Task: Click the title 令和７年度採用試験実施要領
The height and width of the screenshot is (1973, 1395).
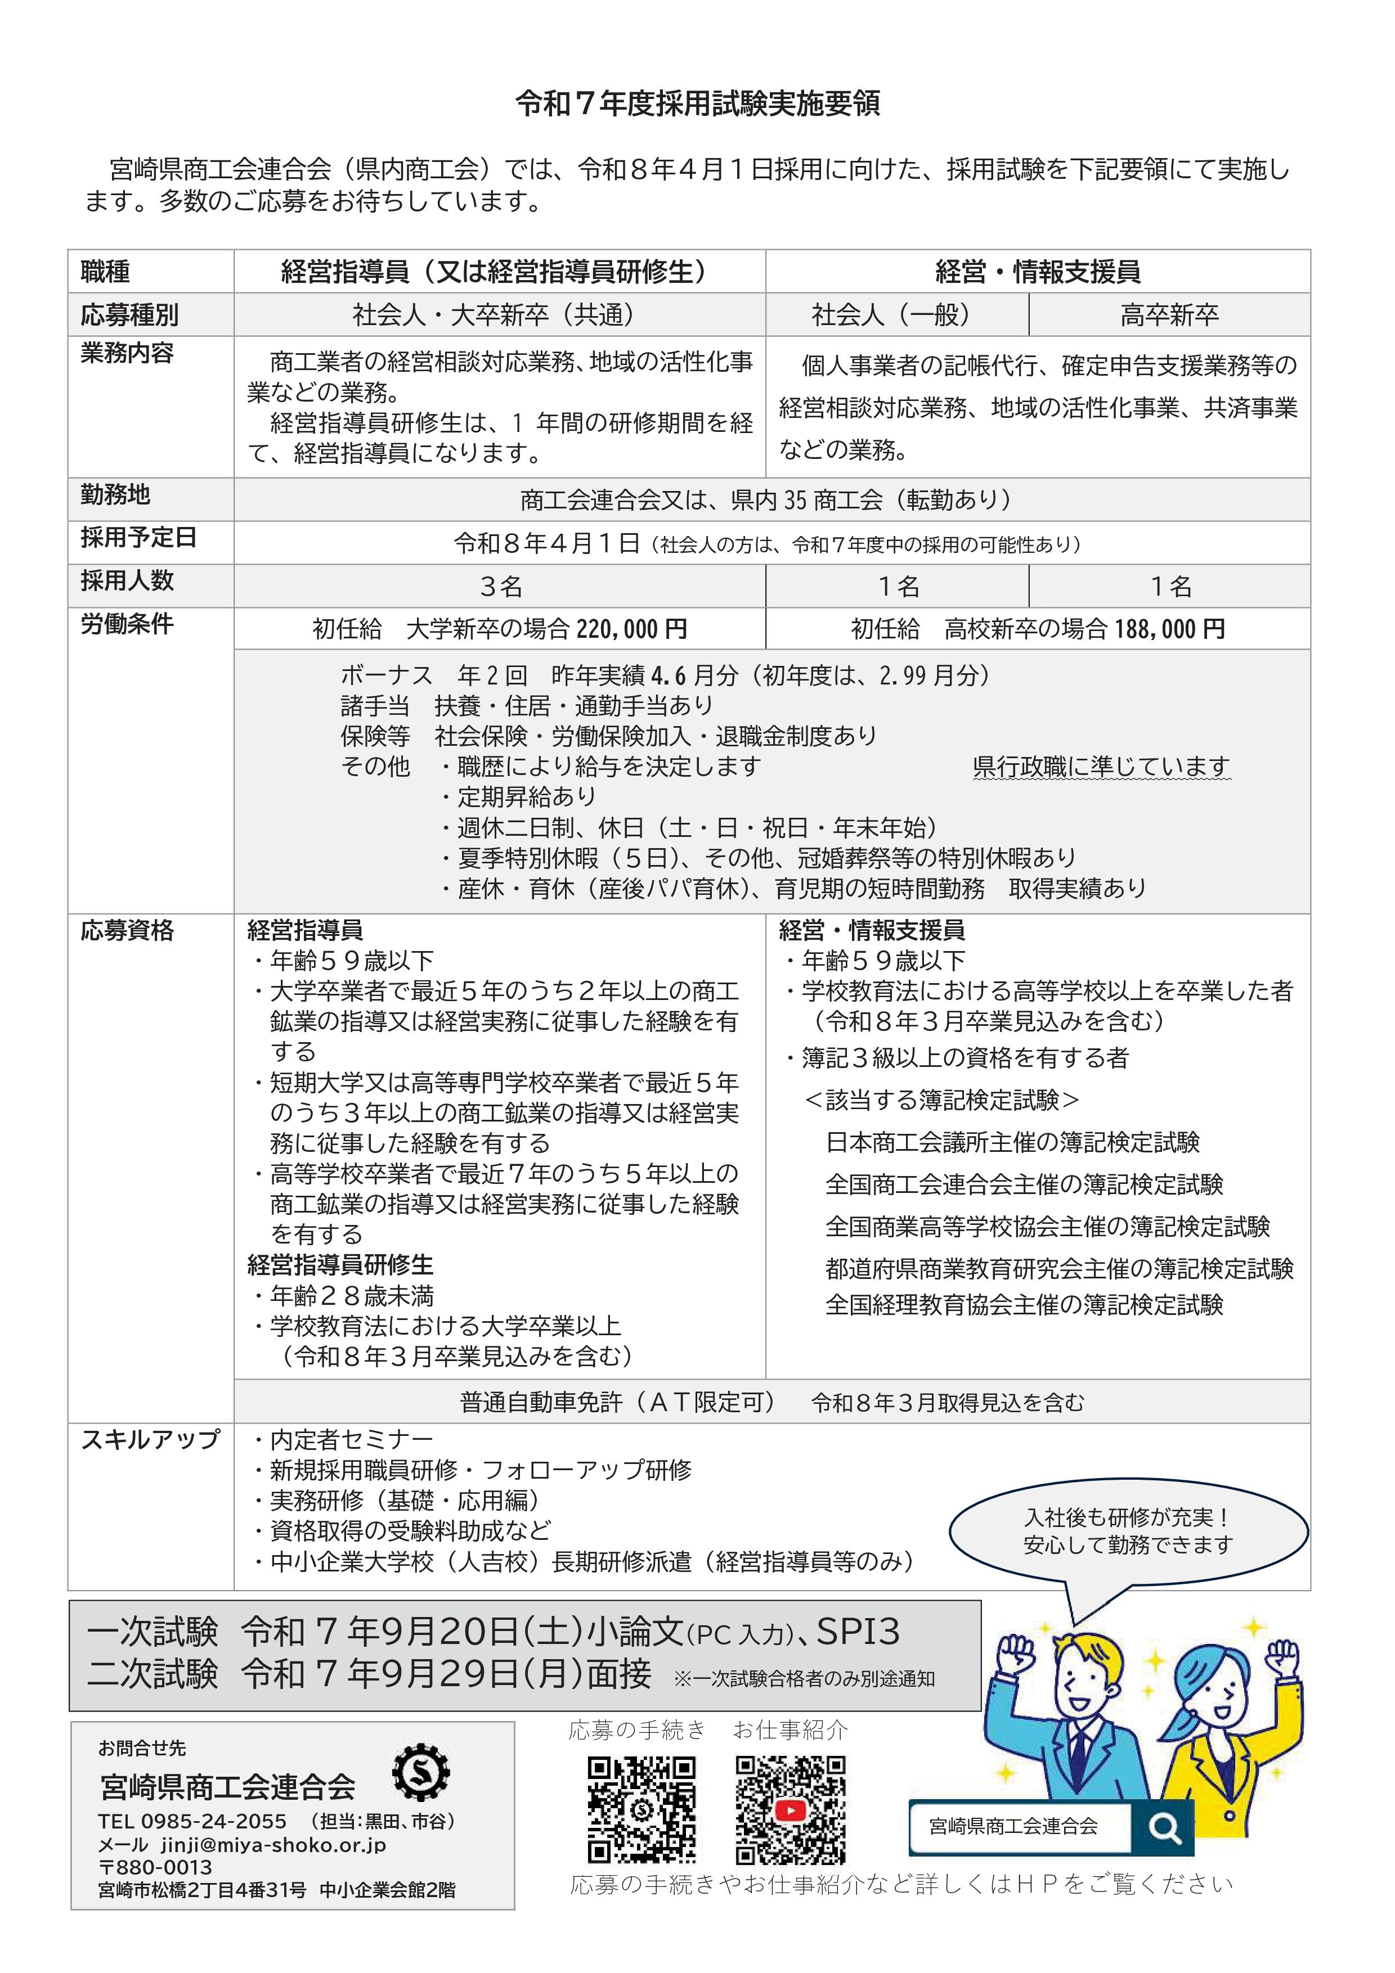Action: [697, 104]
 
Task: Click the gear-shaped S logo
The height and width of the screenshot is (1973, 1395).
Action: [420, 1773]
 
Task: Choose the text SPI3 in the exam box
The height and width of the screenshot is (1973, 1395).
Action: [857, 1631]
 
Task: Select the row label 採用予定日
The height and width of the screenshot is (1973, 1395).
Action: [139, 538]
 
